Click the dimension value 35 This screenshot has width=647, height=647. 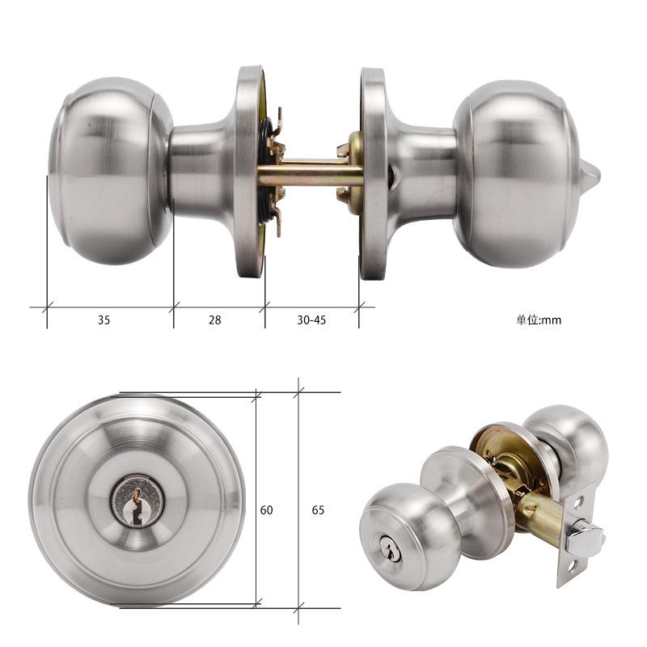coord(104,319)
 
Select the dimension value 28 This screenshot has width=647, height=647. coord(214,319)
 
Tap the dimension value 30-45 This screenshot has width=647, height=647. coord(311,319)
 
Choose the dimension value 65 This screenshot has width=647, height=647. coord(318,510)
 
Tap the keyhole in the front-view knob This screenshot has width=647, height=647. coord(137,499)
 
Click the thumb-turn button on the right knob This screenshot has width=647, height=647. coord(589,172)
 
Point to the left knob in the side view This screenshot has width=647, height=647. coord(109,171)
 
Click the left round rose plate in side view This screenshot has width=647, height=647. coord(249,171)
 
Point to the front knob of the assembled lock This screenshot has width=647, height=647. coord(396,534)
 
